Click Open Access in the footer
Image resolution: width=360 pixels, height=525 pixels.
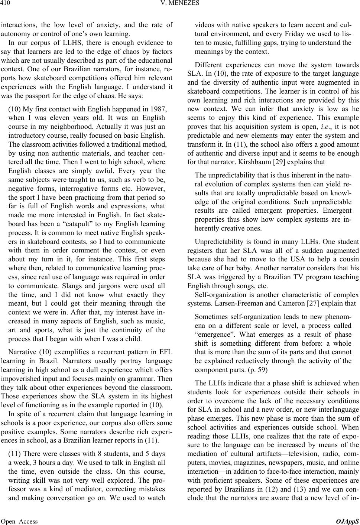19,521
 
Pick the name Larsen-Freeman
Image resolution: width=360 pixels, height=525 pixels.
230,303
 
